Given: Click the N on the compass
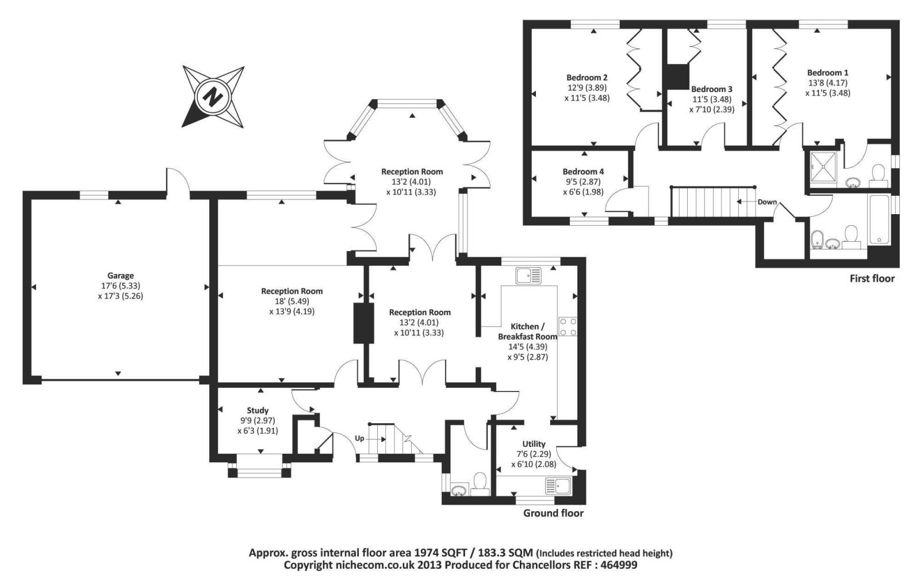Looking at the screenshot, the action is (213, 96).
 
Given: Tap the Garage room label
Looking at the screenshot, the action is (120, 276).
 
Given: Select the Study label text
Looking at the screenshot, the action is (258, 410).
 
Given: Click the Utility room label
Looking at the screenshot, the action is (534, 444).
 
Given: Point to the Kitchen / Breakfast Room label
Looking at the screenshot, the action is (527, 331).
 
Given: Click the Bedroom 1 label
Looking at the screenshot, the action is (827, 73).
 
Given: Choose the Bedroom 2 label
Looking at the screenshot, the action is (586, 78).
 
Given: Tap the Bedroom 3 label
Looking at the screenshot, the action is (711, 89).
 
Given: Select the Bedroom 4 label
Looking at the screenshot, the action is (583, 172).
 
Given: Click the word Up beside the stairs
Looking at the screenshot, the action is (359, 438).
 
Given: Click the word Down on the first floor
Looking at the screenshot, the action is (767, 202).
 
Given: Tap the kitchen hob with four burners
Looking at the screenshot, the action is (568, 326).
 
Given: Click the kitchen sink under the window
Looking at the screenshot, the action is (528, 276).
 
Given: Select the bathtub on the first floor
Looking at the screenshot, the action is (880, 219).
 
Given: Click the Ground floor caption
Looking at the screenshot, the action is (553, 513).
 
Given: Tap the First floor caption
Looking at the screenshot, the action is (872, 279).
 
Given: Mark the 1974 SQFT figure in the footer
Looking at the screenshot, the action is (440, 553).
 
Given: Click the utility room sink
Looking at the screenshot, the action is (557, 485).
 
